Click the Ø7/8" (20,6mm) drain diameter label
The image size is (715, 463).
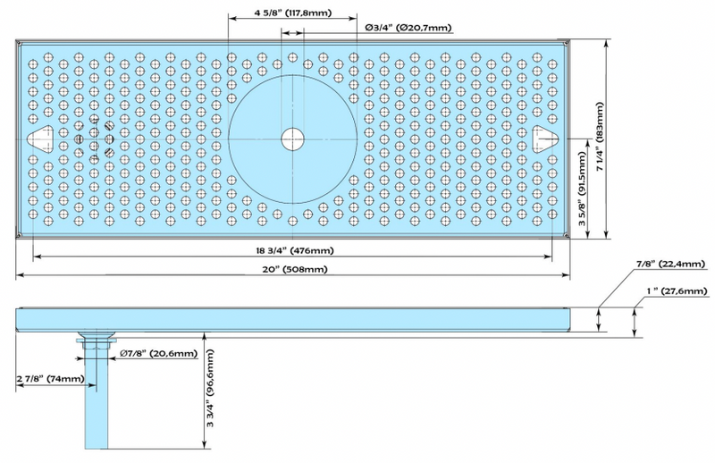(158, 354)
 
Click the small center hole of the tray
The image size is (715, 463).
(291, 139)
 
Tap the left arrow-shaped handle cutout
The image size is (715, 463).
(40, 139)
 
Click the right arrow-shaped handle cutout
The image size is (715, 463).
(545, 139)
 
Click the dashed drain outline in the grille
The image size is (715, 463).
(95, 139)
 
